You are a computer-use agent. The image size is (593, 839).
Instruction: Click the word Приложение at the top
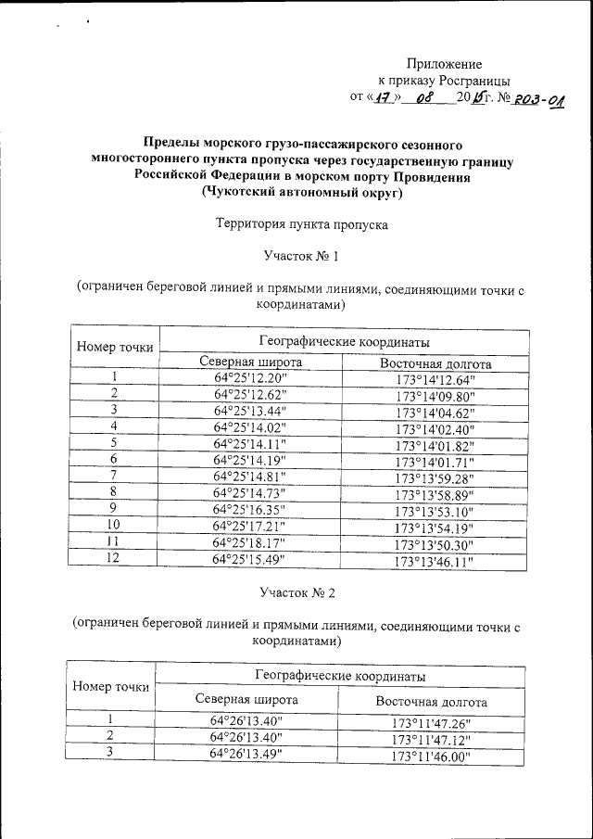pyautogui.click(x=445, y=64)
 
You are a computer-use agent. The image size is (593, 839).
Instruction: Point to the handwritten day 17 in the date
pyautogui.click(x=381, y=97)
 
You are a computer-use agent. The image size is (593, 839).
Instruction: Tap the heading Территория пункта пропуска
pyautogui.click(x=301, y=224)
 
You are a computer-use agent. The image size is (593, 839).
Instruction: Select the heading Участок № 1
pyautogui.click(x=300, y=256)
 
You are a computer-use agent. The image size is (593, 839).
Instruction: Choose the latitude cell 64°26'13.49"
pyautogui.click(x=247, y=752)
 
